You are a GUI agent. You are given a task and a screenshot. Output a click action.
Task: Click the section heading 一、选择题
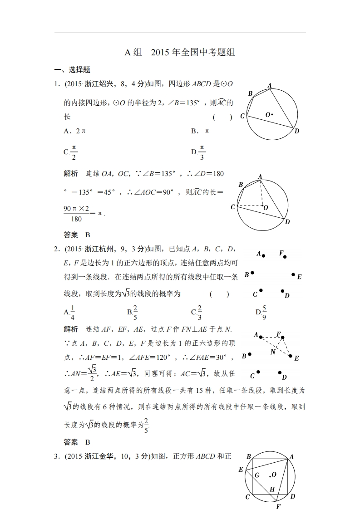(72, 70)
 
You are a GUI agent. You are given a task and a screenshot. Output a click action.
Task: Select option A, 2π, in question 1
(74, 131)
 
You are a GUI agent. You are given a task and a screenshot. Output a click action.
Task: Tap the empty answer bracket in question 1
(222, 117)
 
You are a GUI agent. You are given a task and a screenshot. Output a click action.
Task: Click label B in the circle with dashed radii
(241, 184)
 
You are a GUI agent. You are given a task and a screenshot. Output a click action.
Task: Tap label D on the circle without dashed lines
(296, 132)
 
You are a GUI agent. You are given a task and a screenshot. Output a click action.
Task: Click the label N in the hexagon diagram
(273, 352)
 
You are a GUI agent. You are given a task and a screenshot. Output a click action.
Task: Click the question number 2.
(56, 249)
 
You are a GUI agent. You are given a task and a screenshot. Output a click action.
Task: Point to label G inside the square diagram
(257, 475)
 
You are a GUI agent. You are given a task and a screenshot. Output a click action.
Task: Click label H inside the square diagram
(272, 489)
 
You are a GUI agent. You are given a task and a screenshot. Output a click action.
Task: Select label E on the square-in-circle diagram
(241, 470)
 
